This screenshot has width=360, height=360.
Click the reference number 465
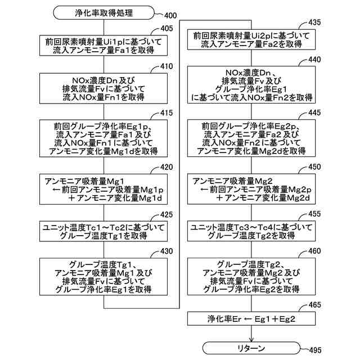316,305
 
